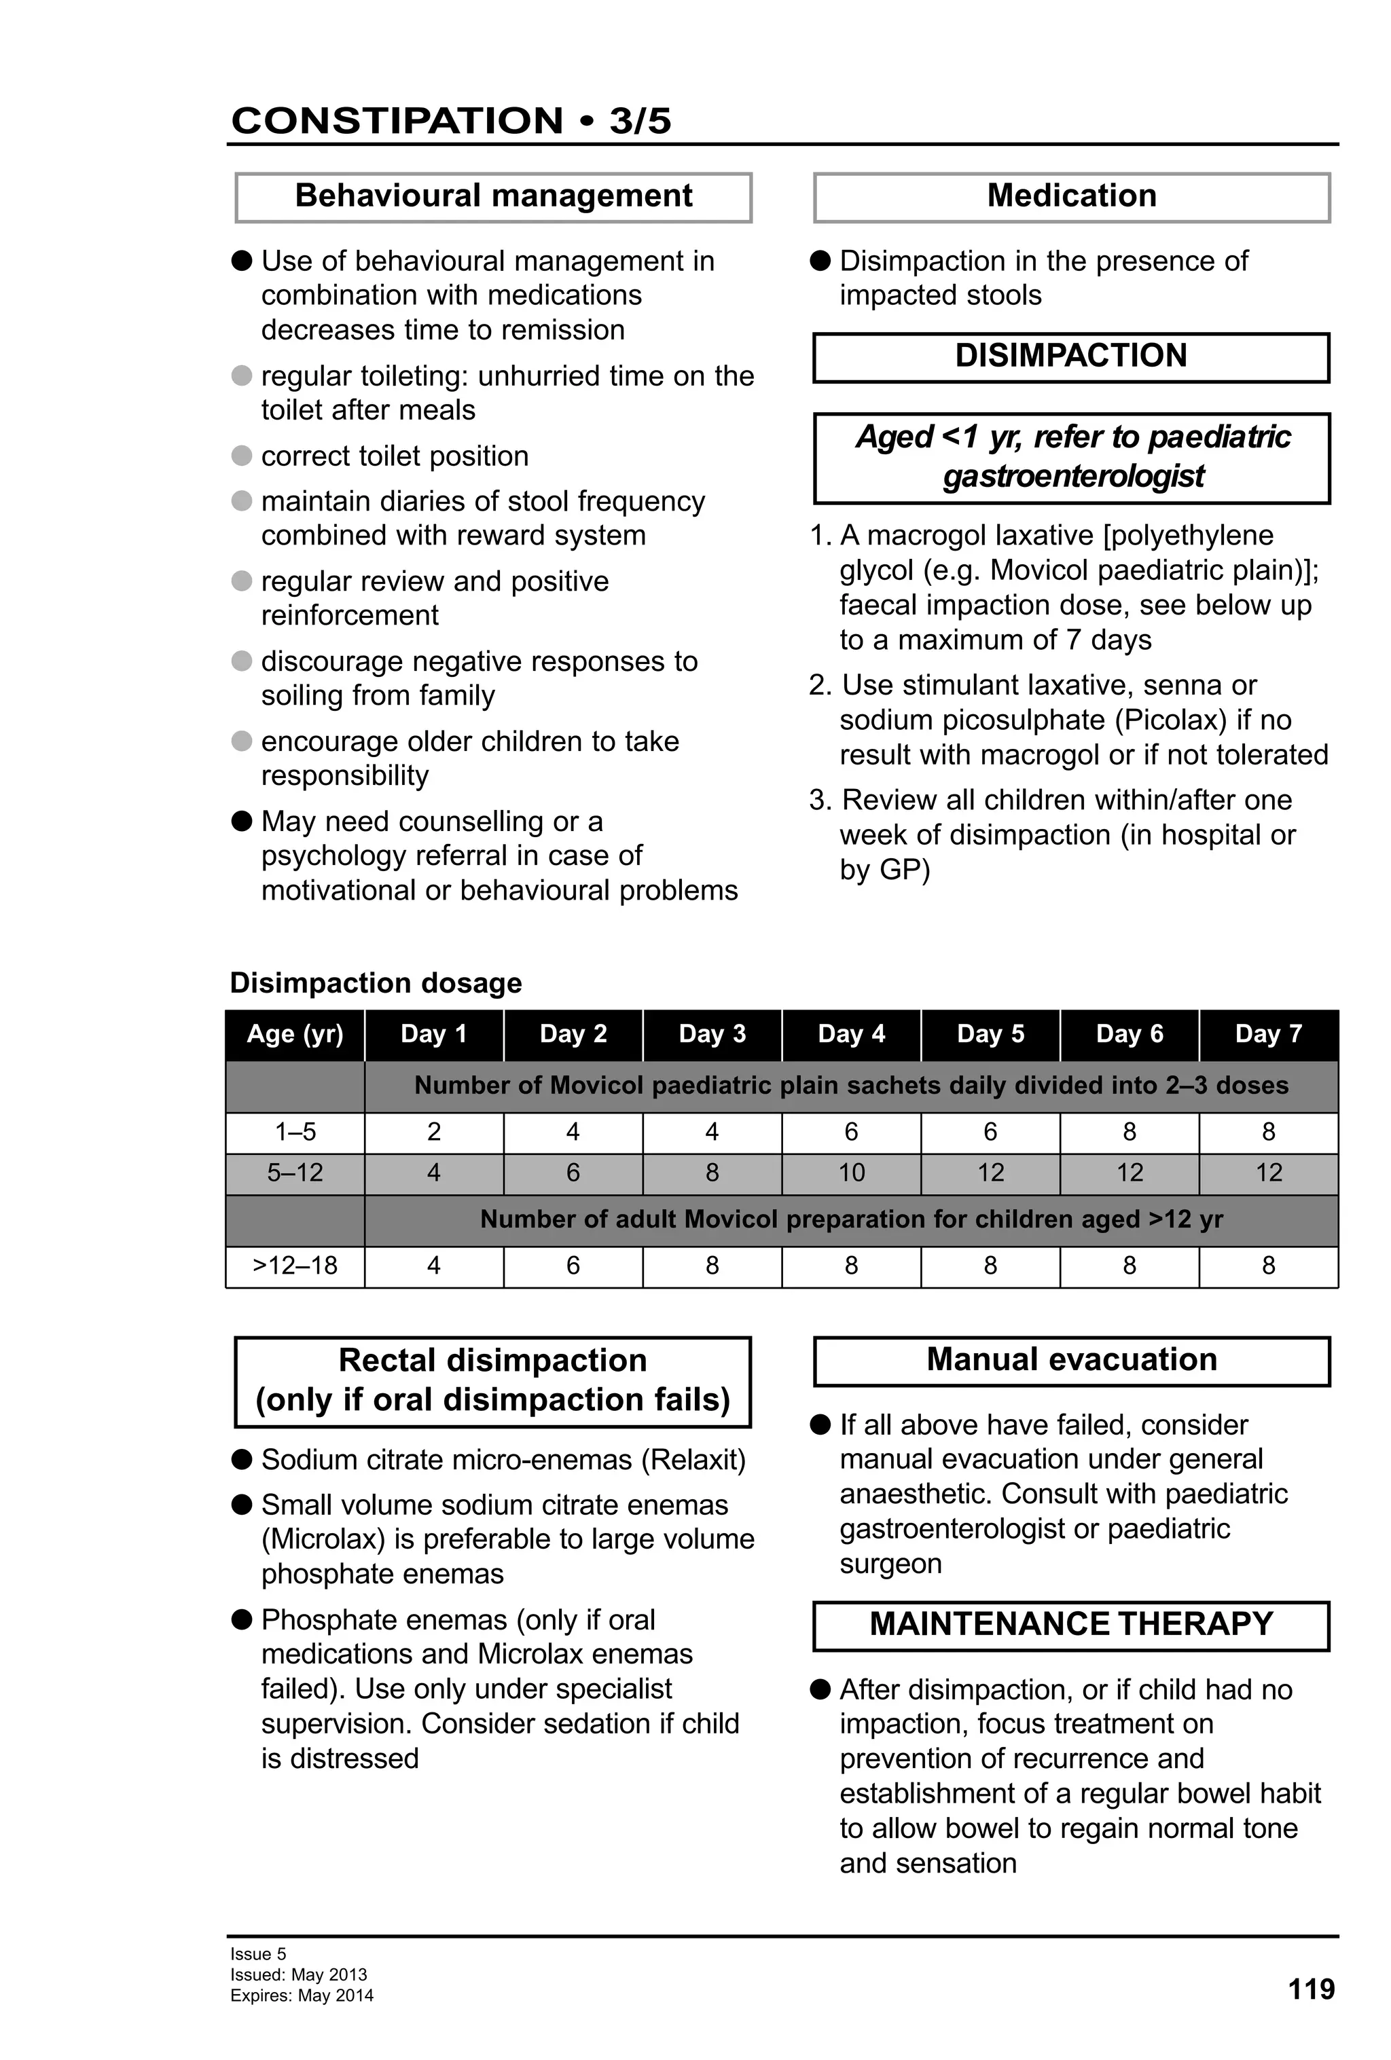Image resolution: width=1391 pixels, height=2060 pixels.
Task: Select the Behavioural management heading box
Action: coord(493,197)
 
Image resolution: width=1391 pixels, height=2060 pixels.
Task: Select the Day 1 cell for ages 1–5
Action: coord(433,1132)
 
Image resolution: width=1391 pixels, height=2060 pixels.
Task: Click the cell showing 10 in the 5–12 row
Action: coord(850,1173)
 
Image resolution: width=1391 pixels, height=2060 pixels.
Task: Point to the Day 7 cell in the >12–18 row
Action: coord(1268,1265)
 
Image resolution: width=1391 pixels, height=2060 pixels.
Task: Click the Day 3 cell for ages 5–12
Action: coord(712,1173)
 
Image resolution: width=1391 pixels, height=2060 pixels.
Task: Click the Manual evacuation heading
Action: coord(1071,1360)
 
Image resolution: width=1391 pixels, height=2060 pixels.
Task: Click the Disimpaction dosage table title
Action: coord(375,983)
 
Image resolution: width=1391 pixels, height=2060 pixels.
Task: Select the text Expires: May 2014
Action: coord(302,1995)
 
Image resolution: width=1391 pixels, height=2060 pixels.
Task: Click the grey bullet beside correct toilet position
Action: coord(241,456)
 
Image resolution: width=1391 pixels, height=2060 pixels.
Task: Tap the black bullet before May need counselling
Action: coord(241,821)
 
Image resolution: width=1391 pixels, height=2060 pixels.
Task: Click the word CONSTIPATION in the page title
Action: coord(396,121)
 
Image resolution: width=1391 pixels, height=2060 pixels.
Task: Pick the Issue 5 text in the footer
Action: coord(258,1953)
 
